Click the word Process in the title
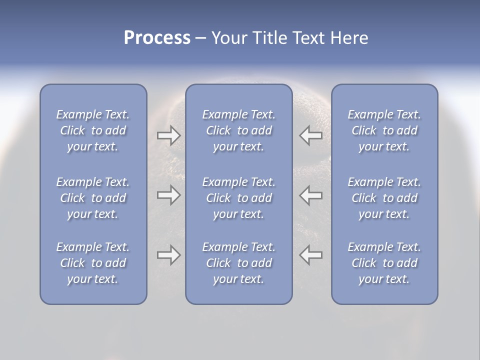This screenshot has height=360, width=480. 157,38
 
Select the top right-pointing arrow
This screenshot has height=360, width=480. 168,135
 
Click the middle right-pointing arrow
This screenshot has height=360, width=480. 168,194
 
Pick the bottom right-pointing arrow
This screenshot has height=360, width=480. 168,255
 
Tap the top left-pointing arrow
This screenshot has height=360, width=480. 310,135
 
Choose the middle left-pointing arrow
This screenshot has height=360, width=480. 310,194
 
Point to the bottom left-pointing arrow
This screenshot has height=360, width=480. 310,255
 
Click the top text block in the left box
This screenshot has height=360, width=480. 93,130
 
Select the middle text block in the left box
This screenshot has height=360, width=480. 93,198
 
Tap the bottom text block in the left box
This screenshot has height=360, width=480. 93,263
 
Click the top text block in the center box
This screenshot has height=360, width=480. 238,130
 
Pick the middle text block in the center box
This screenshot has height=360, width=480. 238,198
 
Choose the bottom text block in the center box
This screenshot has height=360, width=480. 238,263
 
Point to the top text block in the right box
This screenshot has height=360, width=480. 384,130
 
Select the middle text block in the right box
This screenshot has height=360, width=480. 384,198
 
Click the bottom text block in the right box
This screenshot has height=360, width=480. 384,263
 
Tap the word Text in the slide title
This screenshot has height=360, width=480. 307,38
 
